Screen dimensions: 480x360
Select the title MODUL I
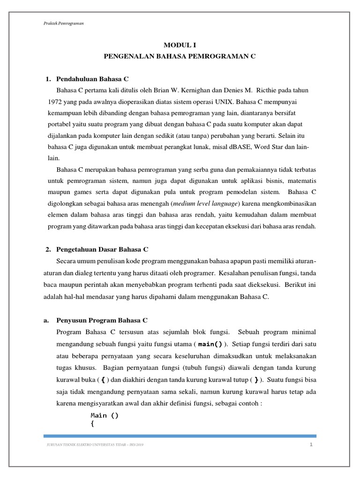(x=180, y=45)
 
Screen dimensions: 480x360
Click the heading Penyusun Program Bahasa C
(x=102, y=321)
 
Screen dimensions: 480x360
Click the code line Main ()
(x=105, y=415)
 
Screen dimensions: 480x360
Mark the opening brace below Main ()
(x=92, y=424)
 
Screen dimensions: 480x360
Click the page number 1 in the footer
(x=310, y=444)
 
